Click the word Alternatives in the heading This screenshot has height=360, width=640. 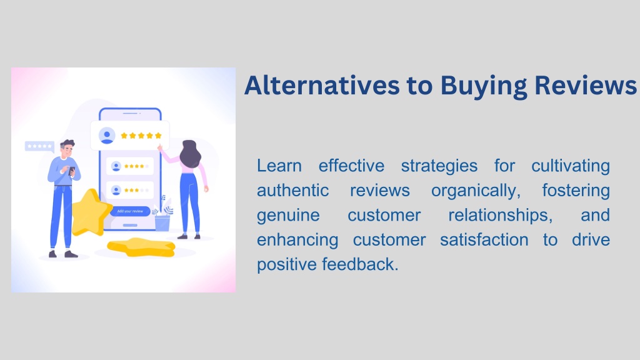322,86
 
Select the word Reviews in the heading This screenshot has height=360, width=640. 585,86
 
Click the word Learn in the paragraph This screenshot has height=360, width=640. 279,166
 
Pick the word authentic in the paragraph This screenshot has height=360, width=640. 292,191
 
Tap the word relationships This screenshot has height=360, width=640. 501,216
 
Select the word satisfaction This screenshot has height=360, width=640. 484,240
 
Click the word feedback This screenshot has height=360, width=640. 360,264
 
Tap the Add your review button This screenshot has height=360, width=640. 130,211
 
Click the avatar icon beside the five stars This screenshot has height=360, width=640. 107,136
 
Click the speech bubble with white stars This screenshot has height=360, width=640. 39,146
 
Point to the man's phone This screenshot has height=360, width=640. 72,171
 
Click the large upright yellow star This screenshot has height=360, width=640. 91,213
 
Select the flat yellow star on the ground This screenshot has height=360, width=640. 141,247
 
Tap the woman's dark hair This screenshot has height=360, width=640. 190,154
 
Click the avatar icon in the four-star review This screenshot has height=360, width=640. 116,166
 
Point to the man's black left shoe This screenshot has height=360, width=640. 52,254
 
